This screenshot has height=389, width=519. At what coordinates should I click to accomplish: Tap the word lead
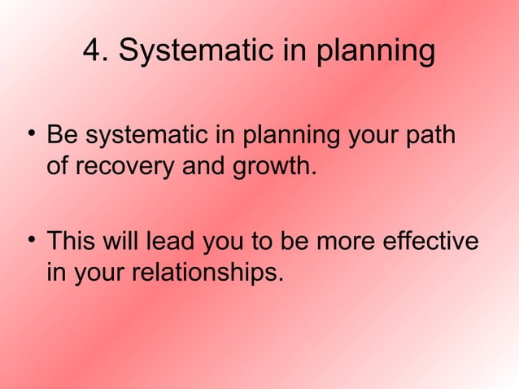(x=167, y=243)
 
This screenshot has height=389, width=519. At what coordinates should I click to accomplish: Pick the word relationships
(x=203, y=273)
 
